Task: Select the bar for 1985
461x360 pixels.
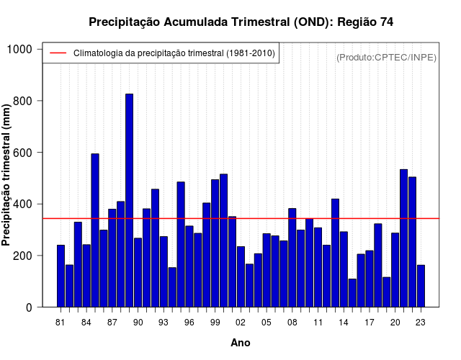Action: (95, 230)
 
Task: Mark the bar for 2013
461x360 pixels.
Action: (335, 253)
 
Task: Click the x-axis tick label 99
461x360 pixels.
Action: (215, 323)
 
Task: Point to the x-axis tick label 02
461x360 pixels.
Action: (241, 323)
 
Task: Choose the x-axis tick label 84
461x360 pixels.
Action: (86, 323)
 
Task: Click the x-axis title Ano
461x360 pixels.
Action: (241, 343)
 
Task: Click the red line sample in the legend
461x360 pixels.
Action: (58, 53)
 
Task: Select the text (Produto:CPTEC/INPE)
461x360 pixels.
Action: (386, 57)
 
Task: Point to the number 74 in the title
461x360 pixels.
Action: (385, 22)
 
